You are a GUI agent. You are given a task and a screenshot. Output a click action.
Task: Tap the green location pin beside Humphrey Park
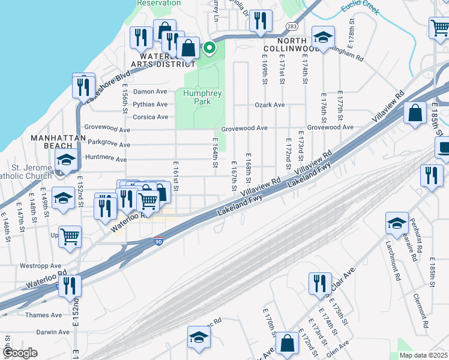click(209, 47)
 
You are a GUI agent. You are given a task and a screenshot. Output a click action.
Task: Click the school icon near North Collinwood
click(323, 38)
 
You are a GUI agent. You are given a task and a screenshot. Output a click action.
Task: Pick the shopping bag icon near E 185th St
click(415, 113)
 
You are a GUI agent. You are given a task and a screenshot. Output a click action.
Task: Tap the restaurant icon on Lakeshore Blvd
click(83, 85)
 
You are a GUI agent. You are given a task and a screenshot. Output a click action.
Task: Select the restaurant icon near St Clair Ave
click(319, 283)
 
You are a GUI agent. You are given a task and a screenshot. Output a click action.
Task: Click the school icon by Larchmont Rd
click(396, 223)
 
